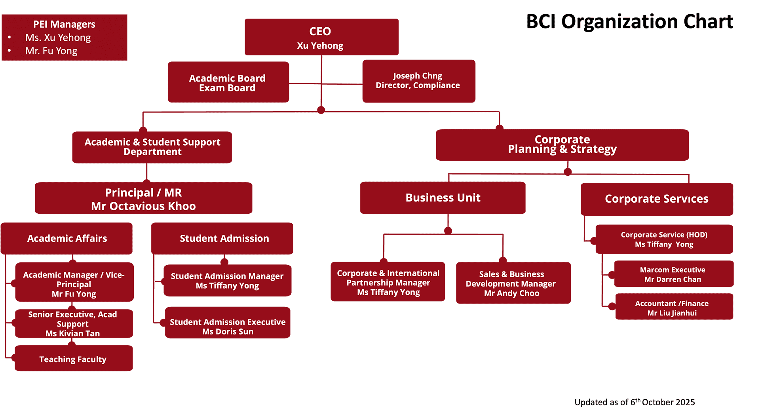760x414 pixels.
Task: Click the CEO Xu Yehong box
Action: click(x=321, y=37)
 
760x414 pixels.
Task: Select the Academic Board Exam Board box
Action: click(x=228, y=82)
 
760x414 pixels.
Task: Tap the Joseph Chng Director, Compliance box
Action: click(x=418, y=81)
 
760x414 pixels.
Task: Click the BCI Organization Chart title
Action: click(x=629, y=21)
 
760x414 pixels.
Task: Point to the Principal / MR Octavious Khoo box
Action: click(x=143, y=199)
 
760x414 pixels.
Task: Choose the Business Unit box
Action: click(x=443, y=198)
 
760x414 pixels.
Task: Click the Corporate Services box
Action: click(x=656, y=199)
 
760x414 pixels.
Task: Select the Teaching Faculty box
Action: click(x=73, y=359)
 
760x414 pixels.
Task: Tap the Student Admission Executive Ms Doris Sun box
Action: click(x=228, y=327)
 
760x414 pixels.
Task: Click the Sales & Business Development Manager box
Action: click(x=513, y=283)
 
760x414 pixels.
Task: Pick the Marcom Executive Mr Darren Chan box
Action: click(x=673, y=274)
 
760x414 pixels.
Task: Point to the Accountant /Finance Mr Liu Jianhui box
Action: click(x=674, y=308)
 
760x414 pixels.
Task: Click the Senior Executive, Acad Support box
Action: click(x=74, y=324)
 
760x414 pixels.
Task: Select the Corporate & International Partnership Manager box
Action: click(x=388, y=282)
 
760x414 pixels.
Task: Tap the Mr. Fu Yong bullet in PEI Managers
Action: click(x=51, y=51)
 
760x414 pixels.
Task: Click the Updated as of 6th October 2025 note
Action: click(x=635, y=402)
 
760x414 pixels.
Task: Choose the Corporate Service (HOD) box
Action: click(x=664, y=239)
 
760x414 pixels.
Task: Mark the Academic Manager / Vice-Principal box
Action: click(x=74, y=283)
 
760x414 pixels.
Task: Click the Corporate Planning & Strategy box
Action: click(x=562, y=144)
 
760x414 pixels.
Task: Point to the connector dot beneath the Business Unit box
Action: click(x=448, y=230)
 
